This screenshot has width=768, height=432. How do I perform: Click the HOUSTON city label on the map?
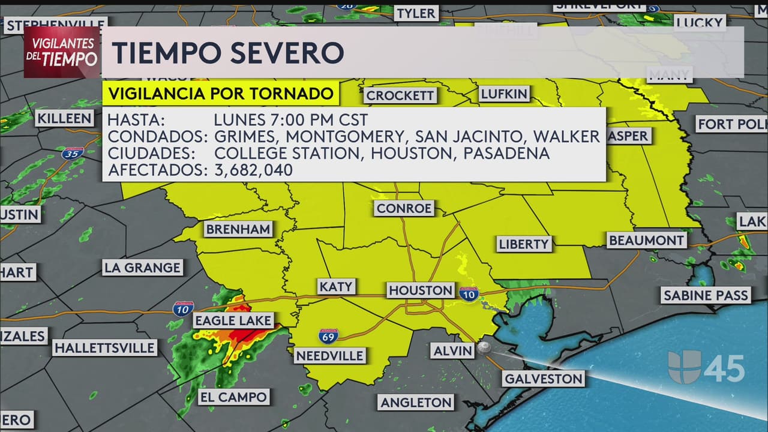(421, 290)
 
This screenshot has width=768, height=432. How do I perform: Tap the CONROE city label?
(404, 208)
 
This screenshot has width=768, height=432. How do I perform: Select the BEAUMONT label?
(646, 241)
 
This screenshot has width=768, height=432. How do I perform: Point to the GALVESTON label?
(543, 379)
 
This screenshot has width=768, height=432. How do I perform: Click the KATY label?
(336, 287)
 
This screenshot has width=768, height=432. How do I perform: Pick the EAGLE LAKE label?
(233, 320)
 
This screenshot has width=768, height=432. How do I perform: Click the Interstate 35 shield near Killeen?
(72, 153)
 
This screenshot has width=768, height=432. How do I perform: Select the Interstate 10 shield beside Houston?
(469, 293)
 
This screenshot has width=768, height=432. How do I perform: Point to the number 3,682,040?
(253, 170)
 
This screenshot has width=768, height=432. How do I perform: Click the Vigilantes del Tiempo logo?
(62, 52)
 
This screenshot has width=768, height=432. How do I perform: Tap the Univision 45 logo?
(706, 367)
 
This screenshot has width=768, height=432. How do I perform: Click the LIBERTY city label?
(524, 244)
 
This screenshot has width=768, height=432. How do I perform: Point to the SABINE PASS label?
(706, 295)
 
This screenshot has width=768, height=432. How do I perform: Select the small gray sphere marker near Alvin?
(484, 348)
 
